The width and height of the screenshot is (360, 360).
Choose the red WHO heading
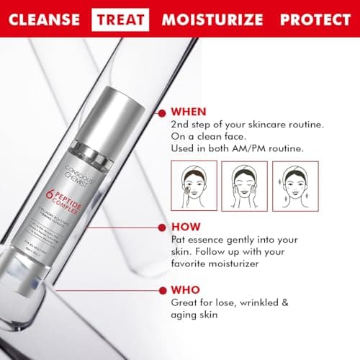tap(185, 292)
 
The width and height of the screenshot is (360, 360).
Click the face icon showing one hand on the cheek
tap(190, 186)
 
